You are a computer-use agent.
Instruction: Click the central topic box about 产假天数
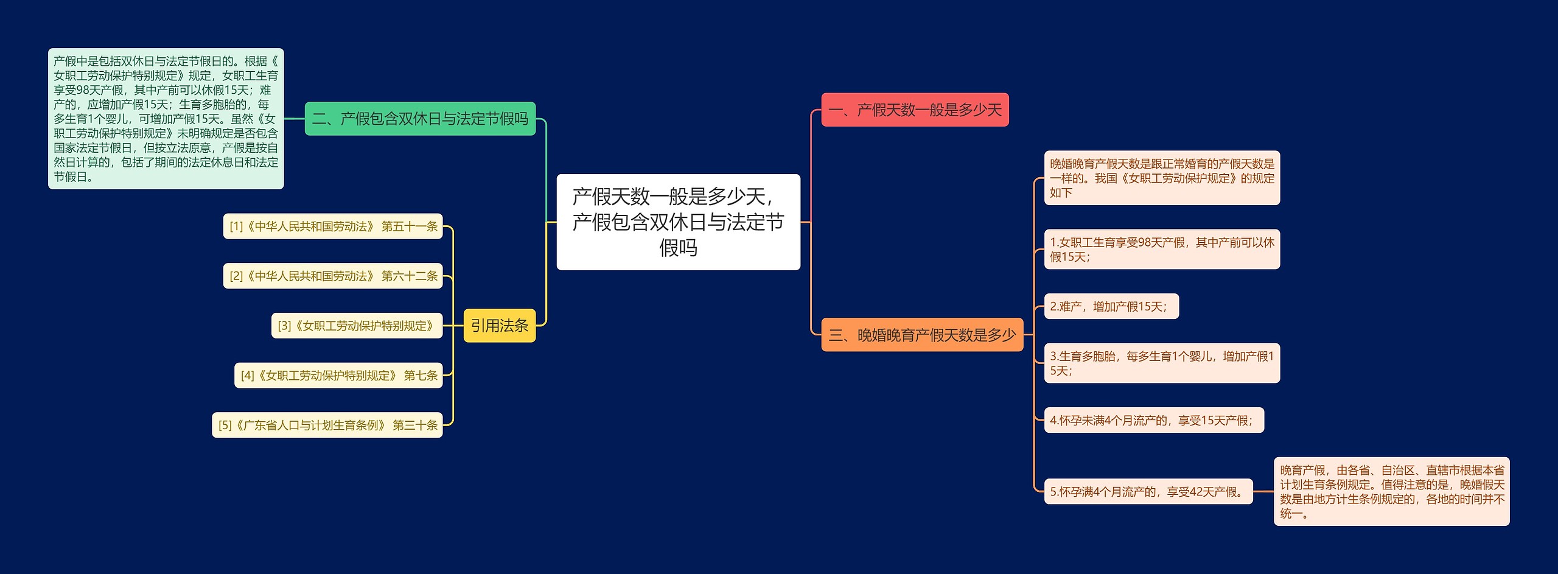click(x=678, y=222)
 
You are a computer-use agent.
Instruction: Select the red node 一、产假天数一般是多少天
click(x=915, y=110)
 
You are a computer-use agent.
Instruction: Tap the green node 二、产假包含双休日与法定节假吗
click(x=420, y=119)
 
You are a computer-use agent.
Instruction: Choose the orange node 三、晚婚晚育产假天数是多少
click(x=922, y=335)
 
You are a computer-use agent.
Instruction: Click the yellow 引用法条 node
click(x=500, y=326)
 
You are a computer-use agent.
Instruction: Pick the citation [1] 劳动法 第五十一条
click(x=333, y=226)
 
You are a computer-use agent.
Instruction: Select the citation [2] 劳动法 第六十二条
click(x=333, y=276)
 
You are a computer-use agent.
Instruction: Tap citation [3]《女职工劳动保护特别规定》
click(x=357, y=326)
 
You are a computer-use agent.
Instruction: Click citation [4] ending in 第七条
click(x=338, y=376)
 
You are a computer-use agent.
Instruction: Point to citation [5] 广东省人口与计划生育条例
click(x=327, y=425)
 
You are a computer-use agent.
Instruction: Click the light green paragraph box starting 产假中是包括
click(x=166, y=119)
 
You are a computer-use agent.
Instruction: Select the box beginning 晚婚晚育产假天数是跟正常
click(x=1162, y=178)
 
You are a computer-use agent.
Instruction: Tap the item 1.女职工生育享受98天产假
click(x=1162, y=250)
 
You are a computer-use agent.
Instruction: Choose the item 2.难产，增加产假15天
click(x=1111, y=306)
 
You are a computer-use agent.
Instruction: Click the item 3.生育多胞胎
click(x=1162, y=363)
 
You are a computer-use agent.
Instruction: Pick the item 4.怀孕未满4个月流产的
click(x=1154, y=420)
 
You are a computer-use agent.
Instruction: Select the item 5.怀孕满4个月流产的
click(x=1148, y=492)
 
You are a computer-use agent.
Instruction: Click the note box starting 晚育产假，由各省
click(x=1392, y=492)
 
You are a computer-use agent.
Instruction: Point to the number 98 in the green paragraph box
click(x=83, y=90)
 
